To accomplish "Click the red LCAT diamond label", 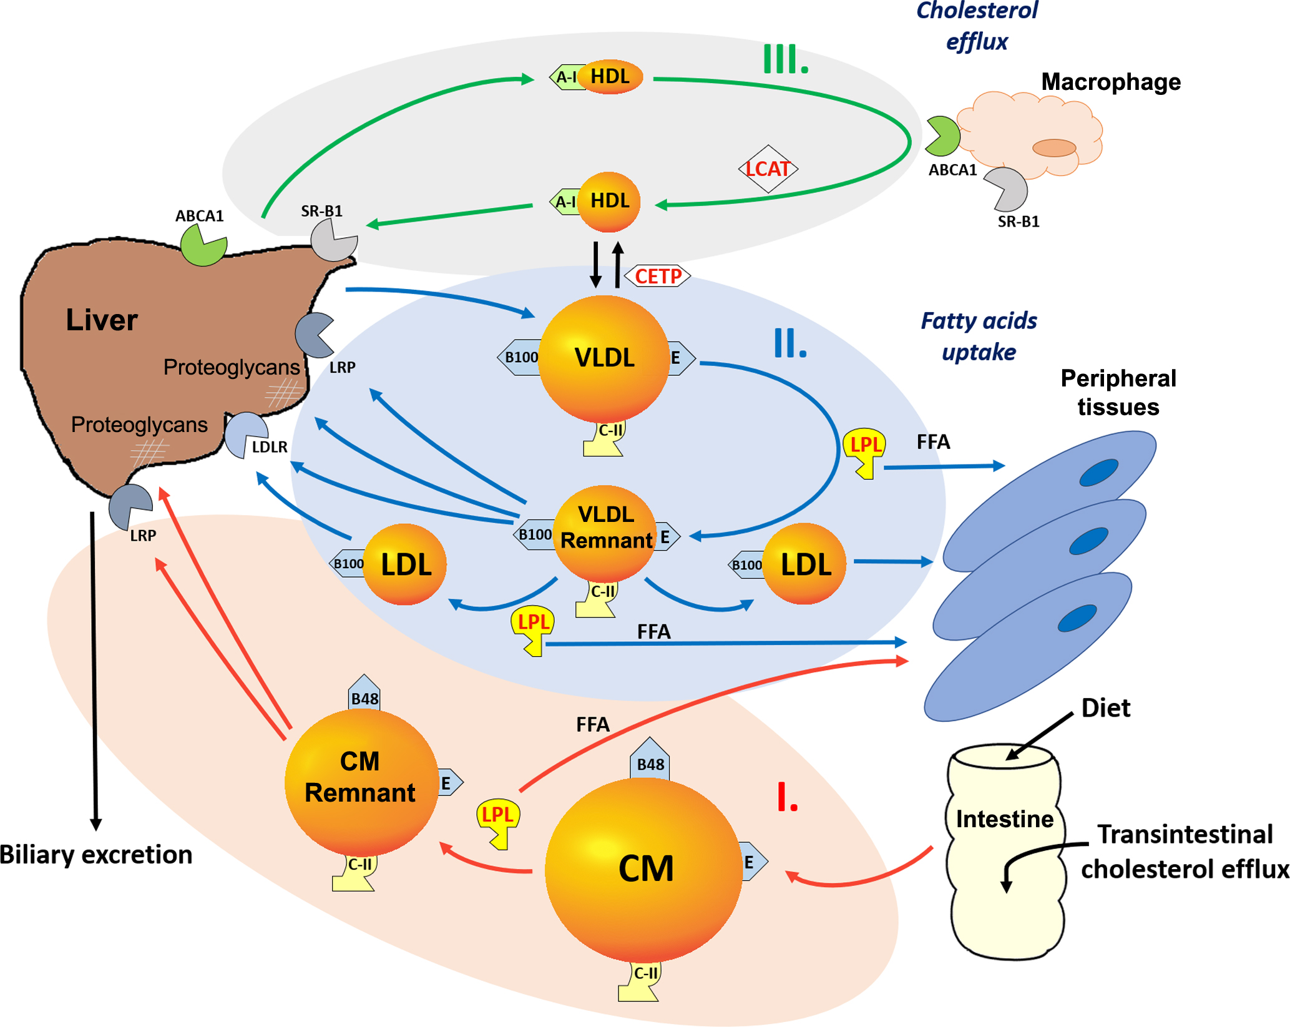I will coord(768,169).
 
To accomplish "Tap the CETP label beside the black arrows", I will coord(658,276).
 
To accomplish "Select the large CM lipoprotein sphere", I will coord(644,869).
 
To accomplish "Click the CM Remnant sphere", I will coord(361,780).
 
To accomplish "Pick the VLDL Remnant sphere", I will coord(605,531).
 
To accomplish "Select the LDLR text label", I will coord(270,447).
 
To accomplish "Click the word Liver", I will coord(102,320).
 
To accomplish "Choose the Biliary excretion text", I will coord(96,854).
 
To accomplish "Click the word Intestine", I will coord(1004,818).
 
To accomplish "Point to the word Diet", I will coord(1105,708).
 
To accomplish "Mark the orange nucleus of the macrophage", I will coord(1054,147).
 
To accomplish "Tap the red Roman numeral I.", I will coord(787,797).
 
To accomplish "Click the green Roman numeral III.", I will coord(786,60).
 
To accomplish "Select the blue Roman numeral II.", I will coord(789,343).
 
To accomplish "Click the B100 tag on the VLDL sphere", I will coord(520,358).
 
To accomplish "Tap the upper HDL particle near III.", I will coord(610,77).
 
